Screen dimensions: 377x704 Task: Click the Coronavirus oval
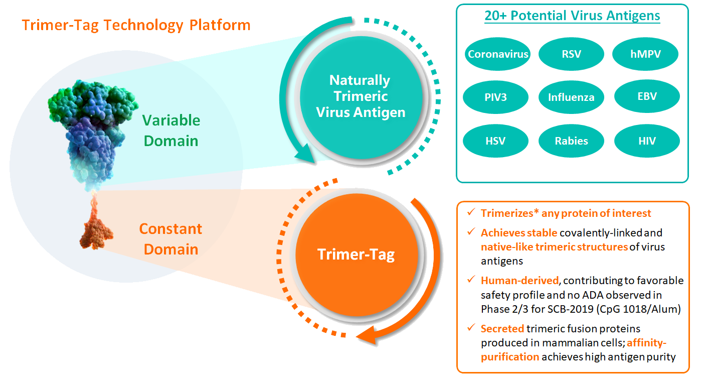498,54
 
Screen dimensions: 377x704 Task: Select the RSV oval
572,54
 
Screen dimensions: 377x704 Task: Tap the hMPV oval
646,54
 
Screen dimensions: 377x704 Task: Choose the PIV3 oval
496,97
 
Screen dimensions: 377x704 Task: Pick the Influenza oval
572,97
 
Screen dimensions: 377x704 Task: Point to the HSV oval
496,141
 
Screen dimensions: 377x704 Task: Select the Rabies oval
572,141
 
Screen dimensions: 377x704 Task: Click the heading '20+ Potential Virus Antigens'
572,16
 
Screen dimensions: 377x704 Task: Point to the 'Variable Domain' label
171,131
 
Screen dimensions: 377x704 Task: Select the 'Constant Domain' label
170,239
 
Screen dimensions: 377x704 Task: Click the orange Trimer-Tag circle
356,255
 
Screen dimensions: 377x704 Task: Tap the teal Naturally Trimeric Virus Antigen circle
360,96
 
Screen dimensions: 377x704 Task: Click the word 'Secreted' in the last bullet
502,328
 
